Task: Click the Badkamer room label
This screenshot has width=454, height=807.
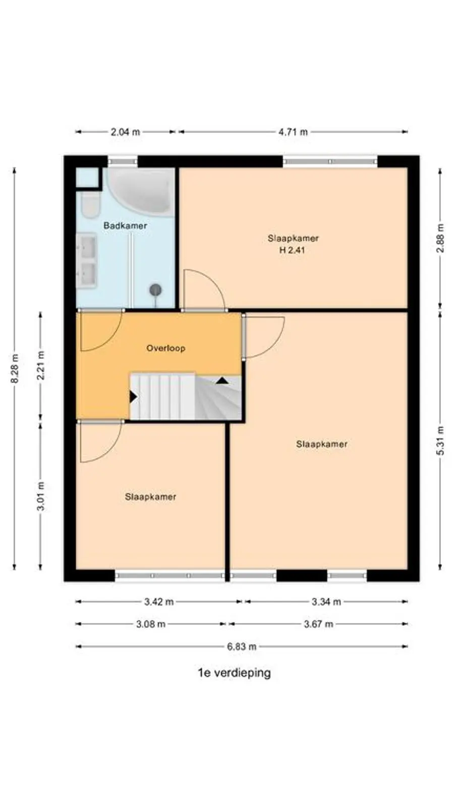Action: pyautogui.click(x=125, y=226)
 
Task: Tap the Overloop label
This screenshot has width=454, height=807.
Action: pyautogui.click(x=166, y=349)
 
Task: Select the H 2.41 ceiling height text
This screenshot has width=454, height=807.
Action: pyautogui.click(x=292, y=250)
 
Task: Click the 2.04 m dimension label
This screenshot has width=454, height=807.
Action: pyautogui.click(x=125, y=132)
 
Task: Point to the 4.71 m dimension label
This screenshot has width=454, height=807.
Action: pyautogui.click(x=293, y=132)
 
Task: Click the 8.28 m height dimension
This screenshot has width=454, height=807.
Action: pyautogui.click(x=15, y=369)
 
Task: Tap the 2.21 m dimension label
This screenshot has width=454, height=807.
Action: pyautogui.click(x=41, y=365)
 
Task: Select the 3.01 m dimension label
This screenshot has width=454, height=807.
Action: pyautogui.click(x=41, y=496)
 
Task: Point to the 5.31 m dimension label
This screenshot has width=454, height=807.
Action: pyautogui.click(x=440, y=441)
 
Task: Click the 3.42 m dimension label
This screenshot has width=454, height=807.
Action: pyautogui.click(x=159, y=602)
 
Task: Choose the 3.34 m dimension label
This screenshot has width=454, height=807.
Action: pyautogui.click(x=326, y=602)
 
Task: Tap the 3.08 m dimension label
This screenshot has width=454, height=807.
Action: pyautogui.click(x=151, y=624)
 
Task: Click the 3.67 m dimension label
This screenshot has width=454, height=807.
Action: pyautogui.click(x=318, y=624)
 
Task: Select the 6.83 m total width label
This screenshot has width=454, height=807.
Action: pyautogui.click(x=242, y=647)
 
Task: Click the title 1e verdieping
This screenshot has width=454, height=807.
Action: pyautogui.click(x=234, y=673)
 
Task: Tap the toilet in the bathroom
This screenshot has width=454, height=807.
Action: pyautogui.click(x=90, y=205)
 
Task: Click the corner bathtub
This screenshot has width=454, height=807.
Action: pyautogui.click(x=141, y=191)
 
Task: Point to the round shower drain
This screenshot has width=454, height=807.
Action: pyautogui.click(x=156, y=290)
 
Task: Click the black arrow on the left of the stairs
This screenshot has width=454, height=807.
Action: pyautogui.click(x=133, y=397)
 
